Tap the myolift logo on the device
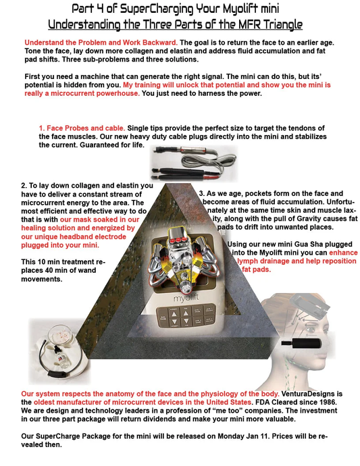point(186,297)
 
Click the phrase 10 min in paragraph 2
point(45,262)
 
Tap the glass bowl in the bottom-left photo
point(59,335)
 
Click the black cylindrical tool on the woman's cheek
point(301,343)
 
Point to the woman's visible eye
point(310,330)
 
